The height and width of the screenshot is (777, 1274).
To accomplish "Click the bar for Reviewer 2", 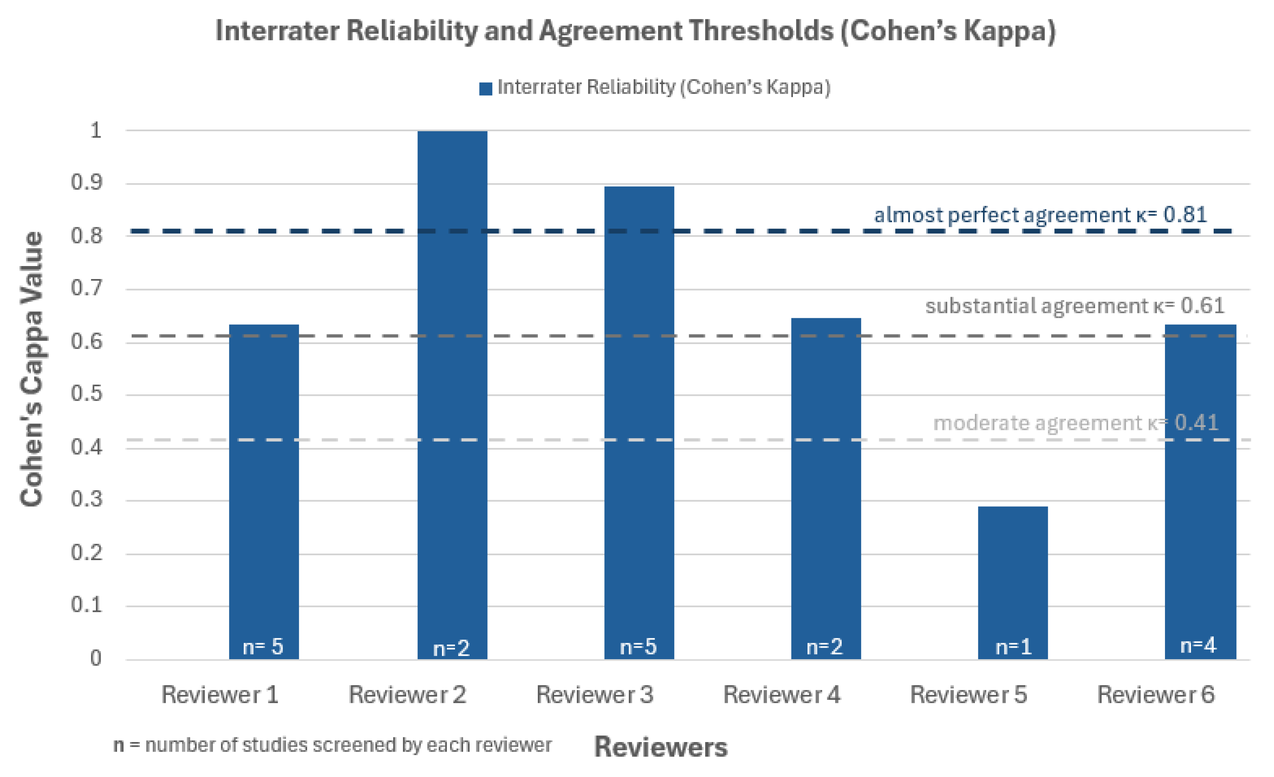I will pos(452,393).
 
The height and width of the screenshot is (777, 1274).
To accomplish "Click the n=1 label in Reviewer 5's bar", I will pos(1013,647).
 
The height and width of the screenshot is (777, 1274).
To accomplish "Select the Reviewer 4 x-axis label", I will pos(781,694).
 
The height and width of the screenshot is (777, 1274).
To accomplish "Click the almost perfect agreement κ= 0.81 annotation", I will pos(1040,215).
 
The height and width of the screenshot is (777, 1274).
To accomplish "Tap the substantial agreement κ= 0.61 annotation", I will pos(1074,306).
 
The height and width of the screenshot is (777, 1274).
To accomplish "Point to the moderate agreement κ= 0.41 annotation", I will pos(1075,423).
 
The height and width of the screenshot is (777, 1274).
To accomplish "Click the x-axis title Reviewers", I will pos(660,747).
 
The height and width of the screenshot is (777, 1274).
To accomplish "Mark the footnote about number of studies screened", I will pos(333,745).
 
